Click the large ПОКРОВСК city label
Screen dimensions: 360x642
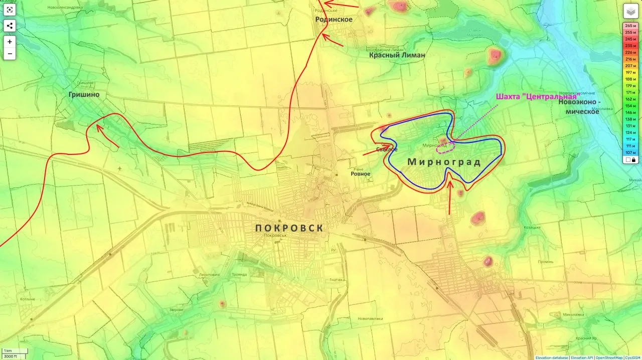point(289,228)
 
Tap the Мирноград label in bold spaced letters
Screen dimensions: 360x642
point(444,162)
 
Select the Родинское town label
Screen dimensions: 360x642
point(334,20)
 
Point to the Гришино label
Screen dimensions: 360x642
point(84,94)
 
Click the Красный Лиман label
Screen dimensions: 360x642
point(397,55)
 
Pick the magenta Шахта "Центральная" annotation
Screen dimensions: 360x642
point(536,97)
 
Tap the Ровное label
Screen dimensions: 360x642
point(360,174)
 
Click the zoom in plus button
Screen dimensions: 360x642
point(10,42)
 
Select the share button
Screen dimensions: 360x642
point(10,26)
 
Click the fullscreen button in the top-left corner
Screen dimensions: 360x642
point(10,11)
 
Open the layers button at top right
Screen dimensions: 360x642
point(630,11)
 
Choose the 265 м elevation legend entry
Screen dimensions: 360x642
point(630,26)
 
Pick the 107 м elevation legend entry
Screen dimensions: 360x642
point(630,152)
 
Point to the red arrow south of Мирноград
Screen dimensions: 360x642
point(449,198)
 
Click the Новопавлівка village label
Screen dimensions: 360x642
point(370,319)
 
